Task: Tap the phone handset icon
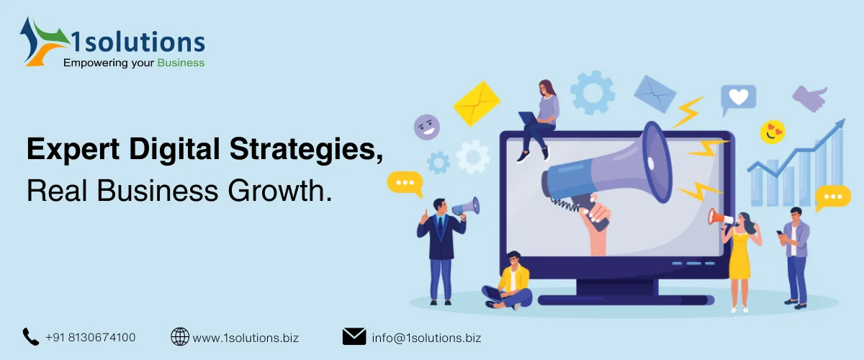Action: point(30,336)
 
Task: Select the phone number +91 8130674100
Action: point(90,337)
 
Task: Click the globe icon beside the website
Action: point(179,336)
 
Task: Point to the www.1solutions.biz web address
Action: point(246,337)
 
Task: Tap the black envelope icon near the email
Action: point(354,336)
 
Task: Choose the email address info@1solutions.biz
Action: point(426,337)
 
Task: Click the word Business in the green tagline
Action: point(181,63)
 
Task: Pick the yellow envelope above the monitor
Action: point(476,102)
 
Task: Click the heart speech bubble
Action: point(738,99)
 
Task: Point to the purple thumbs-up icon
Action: point(810,98)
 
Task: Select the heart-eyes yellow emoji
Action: point(773,132)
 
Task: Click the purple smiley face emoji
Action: point(426,127)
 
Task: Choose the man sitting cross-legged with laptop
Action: point(510,281)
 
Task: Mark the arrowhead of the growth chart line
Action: point(839,125)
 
